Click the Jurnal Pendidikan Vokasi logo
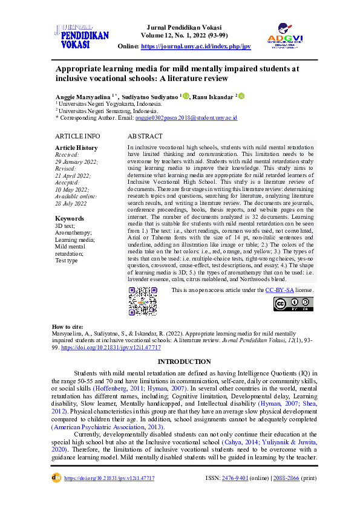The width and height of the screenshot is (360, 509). point(81,36)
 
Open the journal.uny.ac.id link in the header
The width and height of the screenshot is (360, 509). point(196,47)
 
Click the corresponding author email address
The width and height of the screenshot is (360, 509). point(195,118)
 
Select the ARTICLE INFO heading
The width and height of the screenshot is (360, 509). point(77,137)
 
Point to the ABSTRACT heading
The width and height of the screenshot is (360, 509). point(145,137)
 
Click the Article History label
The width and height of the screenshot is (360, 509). point(76,148)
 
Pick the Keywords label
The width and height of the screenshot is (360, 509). point(70,218)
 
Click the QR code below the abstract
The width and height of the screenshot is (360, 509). point(143,300)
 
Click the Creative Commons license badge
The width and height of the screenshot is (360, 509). point(293,304)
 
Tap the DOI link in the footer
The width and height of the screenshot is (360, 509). point(110,478)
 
